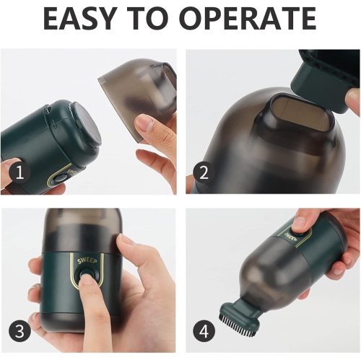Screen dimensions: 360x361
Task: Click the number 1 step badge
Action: pyautogui.click(x=19, y=172)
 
